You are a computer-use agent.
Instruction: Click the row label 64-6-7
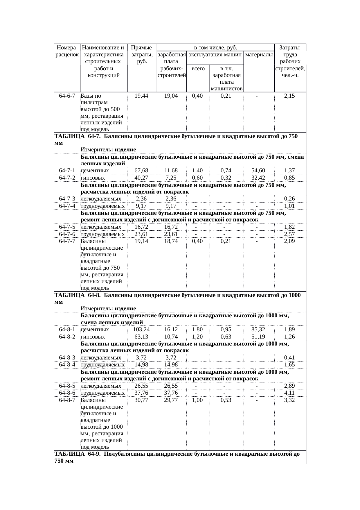coord(67,96)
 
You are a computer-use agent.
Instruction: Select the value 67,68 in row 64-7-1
coord(141,171)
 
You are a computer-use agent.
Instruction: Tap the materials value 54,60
coord(258,171)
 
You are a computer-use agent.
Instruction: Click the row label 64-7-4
coord(67,206)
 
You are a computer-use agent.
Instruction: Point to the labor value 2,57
coord(289,234)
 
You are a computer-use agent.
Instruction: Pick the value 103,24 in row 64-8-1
coord(141,330)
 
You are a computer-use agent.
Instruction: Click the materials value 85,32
coord(258,330)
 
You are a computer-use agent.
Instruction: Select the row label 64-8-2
coord(67,337)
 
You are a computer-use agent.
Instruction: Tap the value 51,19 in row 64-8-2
coord(258,337)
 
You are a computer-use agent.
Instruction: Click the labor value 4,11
coord(289,393)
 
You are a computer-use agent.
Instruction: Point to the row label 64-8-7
coord(67,400)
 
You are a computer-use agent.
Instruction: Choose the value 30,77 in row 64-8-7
coord(141,400)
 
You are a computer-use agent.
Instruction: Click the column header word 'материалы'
coord(259,55)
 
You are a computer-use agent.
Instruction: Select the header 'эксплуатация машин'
coord(215,55)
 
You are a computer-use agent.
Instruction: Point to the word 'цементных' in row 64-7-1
coord(95,171)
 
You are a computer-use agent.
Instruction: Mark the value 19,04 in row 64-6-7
coord(171,96)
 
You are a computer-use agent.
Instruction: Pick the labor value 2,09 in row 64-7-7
coord(289,241)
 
